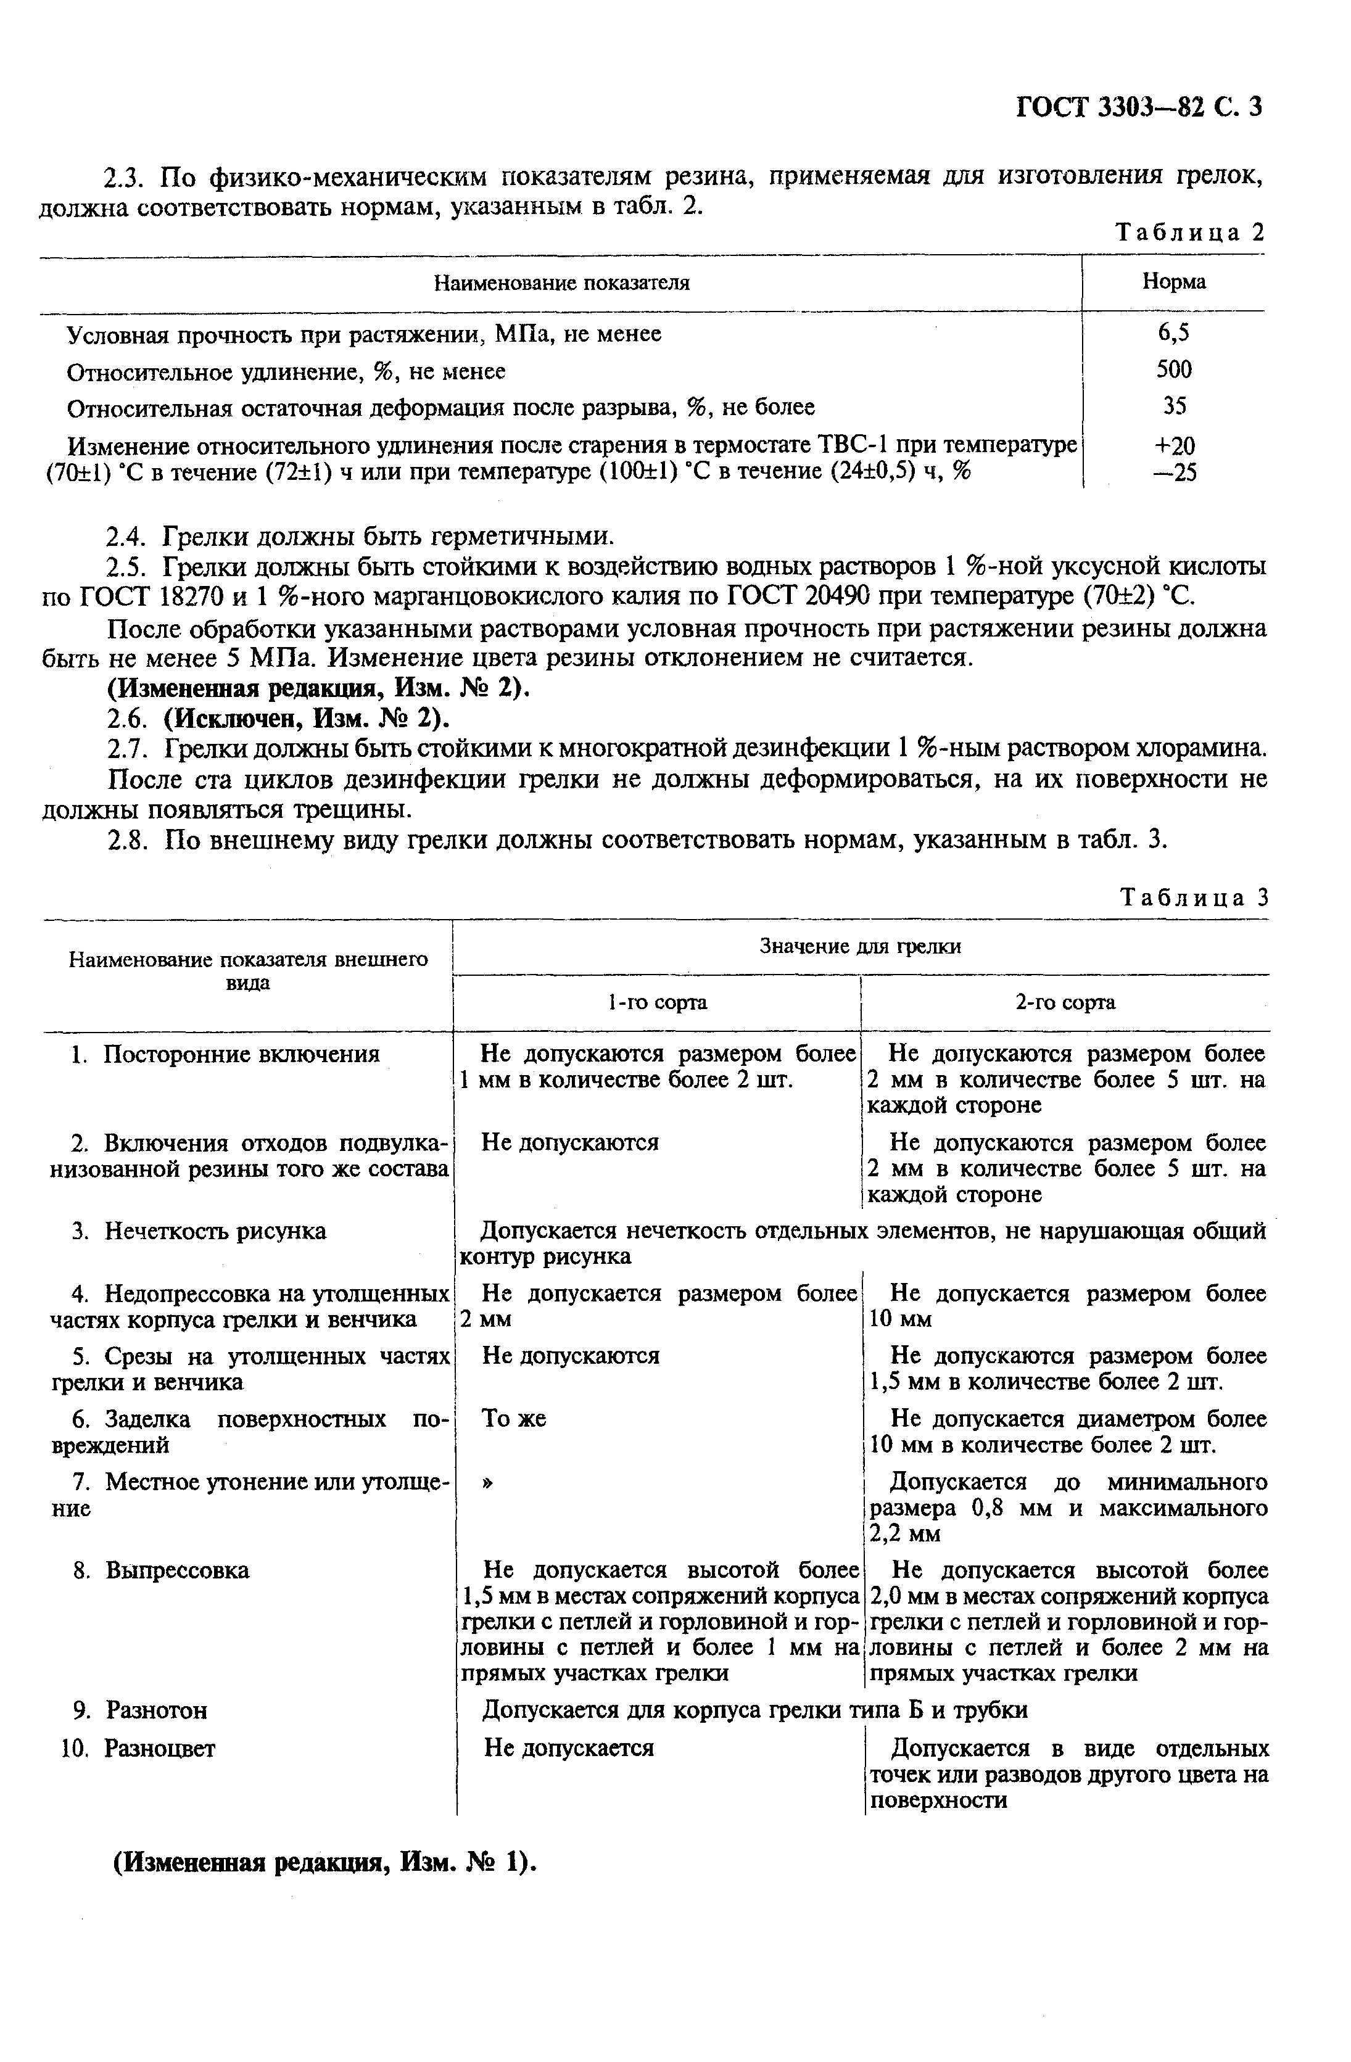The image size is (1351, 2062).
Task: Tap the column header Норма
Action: (1173, 282)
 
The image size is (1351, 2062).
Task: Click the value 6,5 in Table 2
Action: (1173, 332)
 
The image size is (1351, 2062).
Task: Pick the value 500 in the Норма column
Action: (1173, 370)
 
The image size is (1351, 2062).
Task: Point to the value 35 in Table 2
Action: (1174, 406)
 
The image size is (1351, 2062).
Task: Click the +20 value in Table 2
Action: (1174, 446)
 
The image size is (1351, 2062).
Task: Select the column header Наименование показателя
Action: (561, 283)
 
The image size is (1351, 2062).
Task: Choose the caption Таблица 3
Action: (1194, 897)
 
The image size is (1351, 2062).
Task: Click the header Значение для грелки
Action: (860, 947)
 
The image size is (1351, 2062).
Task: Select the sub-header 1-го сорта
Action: (657, 1002)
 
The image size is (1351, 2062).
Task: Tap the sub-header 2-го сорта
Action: (1065, 1002)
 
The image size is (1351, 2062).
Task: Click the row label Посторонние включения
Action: (241, 1054)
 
